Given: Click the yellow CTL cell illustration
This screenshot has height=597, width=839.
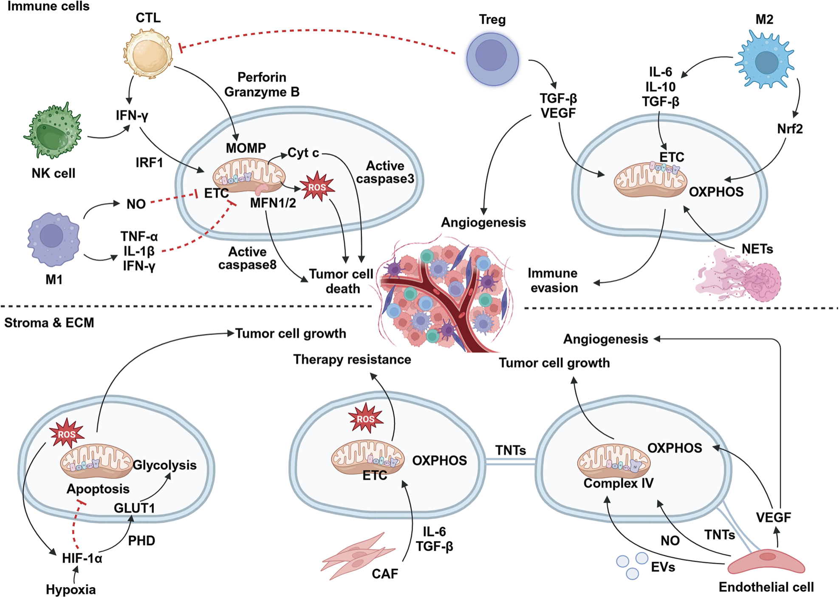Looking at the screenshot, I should [148, 54].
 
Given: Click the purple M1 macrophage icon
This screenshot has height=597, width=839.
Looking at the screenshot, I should [53, 238].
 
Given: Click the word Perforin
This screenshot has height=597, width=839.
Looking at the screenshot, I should [262, 77].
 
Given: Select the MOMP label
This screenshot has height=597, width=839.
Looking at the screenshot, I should [246, 148].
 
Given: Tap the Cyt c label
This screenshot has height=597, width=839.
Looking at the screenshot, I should [303, 153].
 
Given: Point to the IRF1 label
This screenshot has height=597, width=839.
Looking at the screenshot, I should [149, 162].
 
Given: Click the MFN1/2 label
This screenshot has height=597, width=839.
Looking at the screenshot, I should [273, 203].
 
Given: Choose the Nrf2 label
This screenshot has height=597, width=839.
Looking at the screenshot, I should [790, 129].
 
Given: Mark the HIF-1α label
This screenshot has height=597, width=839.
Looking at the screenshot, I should [82, 558].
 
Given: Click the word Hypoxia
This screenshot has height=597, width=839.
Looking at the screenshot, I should [71, 590].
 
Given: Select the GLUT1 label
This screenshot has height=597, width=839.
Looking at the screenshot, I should [134, 508].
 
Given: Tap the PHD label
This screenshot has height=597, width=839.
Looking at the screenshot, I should [141, 541].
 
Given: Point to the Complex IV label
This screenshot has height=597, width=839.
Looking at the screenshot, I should [618, 483].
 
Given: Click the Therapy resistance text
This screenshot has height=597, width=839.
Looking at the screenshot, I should [352, 360].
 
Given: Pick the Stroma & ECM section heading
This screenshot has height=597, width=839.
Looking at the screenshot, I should [49, 323].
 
